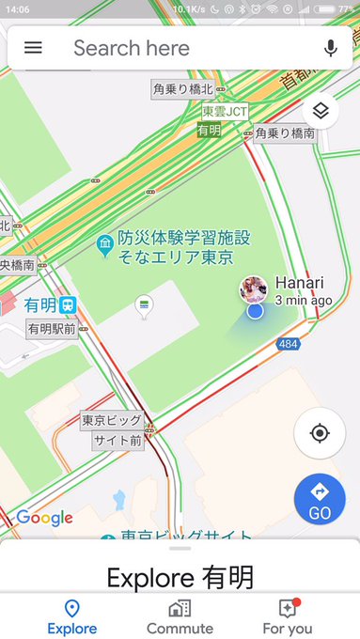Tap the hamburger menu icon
[x=33, y=48]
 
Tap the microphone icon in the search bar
[x=330, y=48]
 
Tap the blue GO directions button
[x=320, y=499]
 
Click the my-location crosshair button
[x=320, y=433]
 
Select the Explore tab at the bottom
[x=71, y=617]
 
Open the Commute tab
[x=180, y=617]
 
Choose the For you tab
[x=288, y=617]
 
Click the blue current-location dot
[x=255, y=311]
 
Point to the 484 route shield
[x=289, y=345]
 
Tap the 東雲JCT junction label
[x=225, y=112]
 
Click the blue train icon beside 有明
[x=69, y=304]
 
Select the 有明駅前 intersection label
[x=52, y=329]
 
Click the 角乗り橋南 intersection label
[x=285, y=133]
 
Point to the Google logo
[x=44, y=518]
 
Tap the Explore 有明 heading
[x=180, y=576]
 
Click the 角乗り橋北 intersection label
[x=183, y=89]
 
